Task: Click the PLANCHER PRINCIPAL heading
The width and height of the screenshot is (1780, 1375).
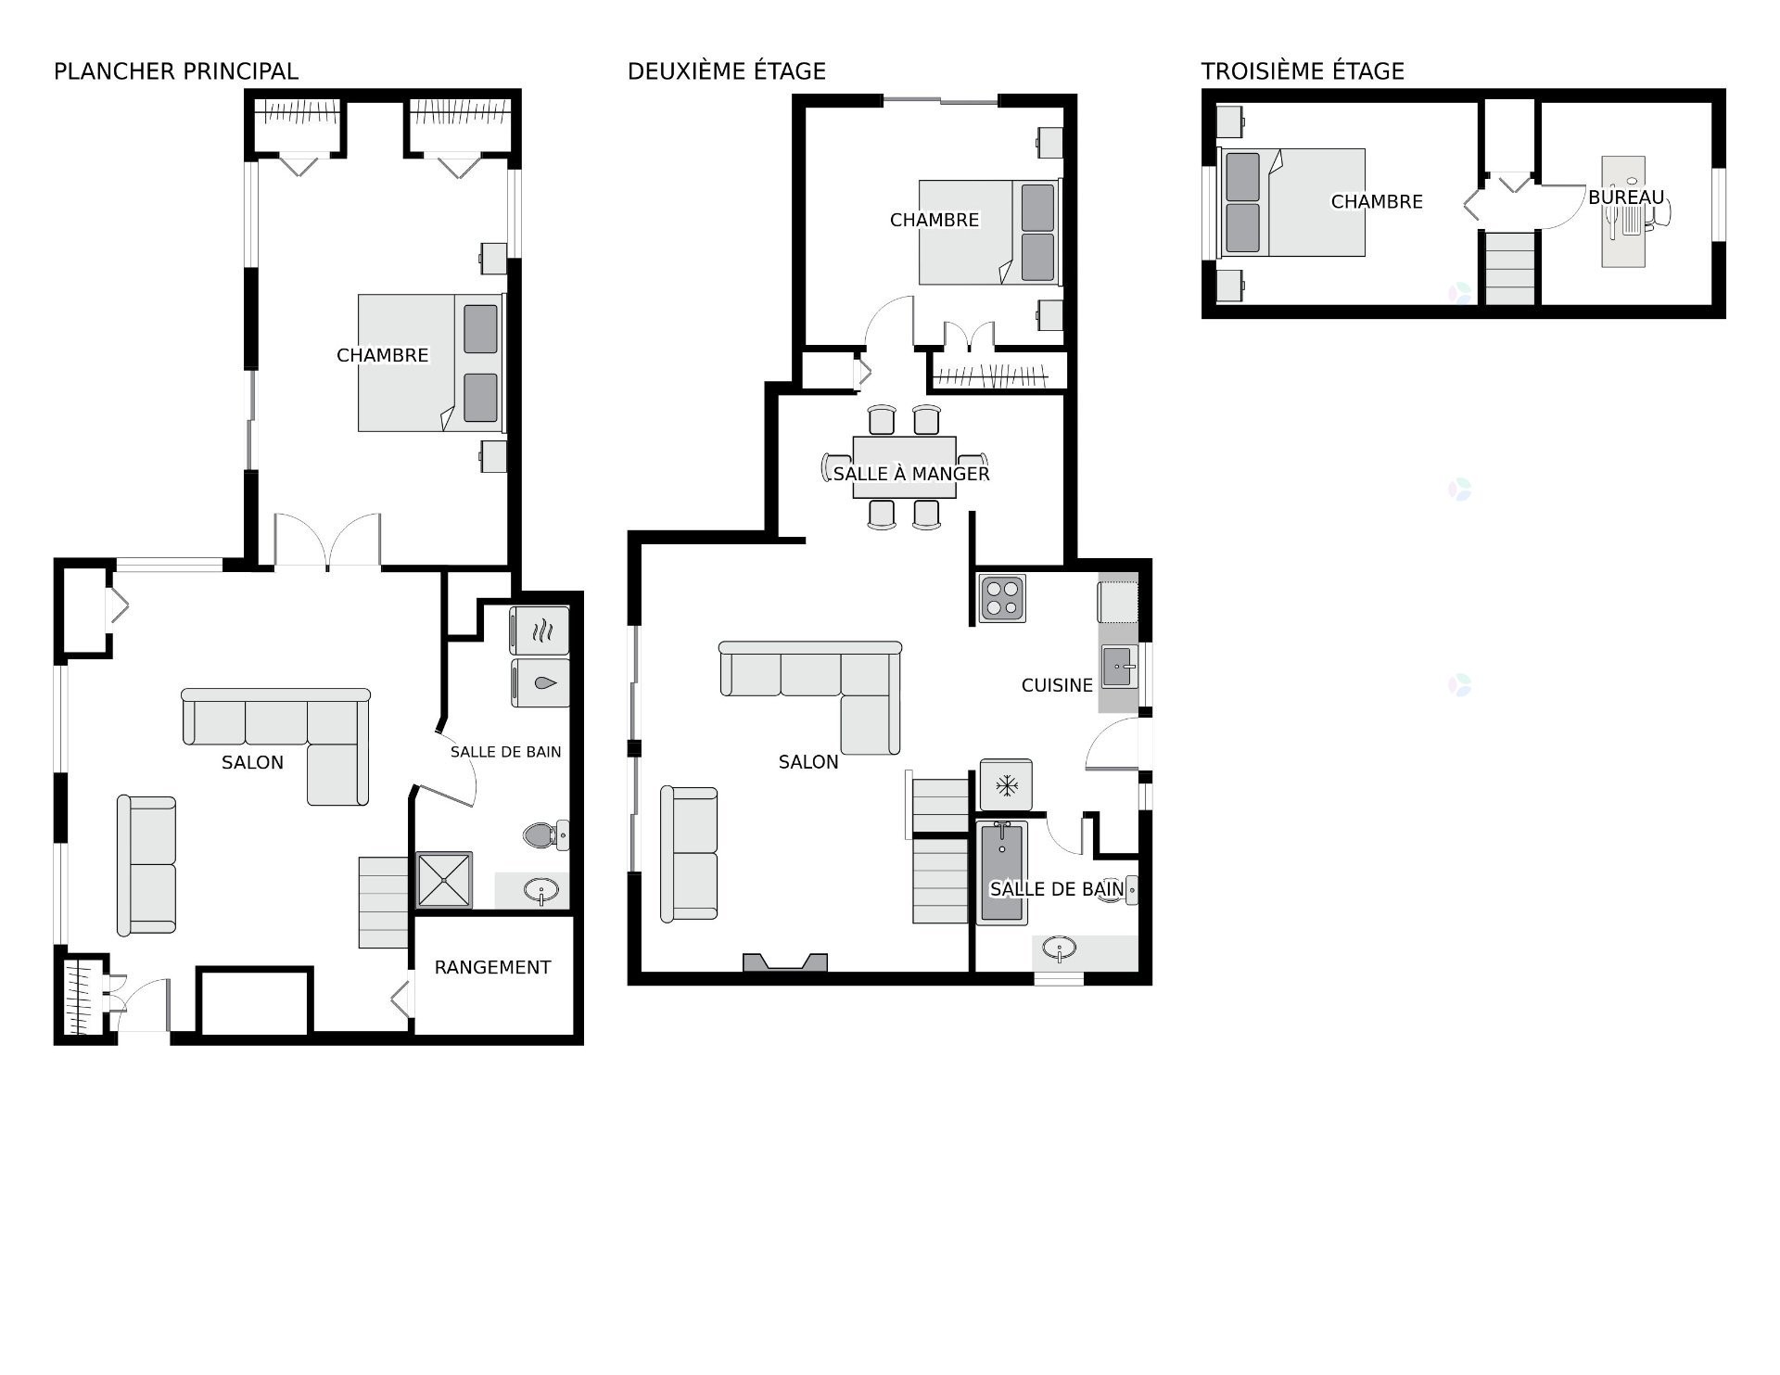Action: coord(176,71)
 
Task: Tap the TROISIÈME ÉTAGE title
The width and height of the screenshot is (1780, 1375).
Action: coord(1303,71)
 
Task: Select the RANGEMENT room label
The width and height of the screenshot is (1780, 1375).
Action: coord(492,967)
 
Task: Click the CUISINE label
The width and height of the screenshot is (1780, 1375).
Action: coord(1057,685)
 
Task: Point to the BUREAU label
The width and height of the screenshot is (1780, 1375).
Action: coord(1626,197)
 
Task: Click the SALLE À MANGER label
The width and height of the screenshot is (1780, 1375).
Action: coord(911,474)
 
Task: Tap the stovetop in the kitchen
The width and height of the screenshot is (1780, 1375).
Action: coord(1002,598)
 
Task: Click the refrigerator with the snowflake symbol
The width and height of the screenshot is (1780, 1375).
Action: coord(1006,786)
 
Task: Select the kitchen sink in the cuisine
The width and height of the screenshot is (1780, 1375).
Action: coord(1119,667)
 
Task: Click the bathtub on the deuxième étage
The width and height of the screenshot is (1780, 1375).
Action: coord(1001,872)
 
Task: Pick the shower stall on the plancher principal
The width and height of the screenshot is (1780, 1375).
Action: coord(444,880)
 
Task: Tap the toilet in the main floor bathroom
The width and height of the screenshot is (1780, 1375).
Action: coord(546,834)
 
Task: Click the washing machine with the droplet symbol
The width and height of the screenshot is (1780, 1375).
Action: coord(540,683)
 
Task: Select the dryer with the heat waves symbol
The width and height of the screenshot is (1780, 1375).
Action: coord(540,631)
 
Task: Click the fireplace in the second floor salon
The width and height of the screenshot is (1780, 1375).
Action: coord(785,962)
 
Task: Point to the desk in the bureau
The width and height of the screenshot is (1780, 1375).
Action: coord(1623,211)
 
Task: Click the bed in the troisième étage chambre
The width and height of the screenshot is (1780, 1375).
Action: coord(1291,202)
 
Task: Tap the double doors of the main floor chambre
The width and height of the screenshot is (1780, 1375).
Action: coord(327,540)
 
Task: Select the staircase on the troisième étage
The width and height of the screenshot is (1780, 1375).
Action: coord(1509,268)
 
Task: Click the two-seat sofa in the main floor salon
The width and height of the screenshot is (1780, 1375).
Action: coord(146,865)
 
